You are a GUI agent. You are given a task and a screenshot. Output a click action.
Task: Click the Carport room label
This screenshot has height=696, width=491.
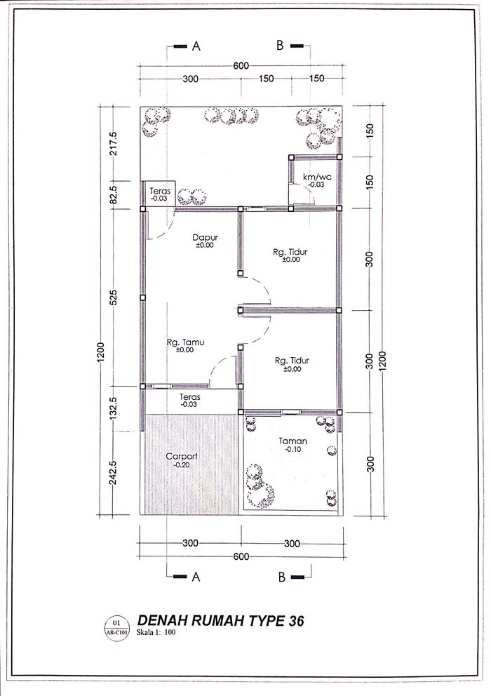click(182, 456)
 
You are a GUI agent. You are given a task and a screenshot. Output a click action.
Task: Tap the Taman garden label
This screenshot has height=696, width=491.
click(293, 441)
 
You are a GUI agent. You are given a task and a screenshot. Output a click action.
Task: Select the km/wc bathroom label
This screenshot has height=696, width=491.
click(317, 177)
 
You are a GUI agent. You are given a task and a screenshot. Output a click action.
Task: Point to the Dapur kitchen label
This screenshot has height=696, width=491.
click(205, 237)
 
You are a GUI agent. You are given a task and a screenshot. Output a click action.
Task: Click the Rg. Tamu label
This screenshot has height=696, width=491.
click(185, 342)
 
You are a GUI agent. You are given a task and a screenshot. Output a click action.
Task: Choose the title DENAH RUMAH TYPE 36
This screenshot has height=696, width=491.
click(221, 620)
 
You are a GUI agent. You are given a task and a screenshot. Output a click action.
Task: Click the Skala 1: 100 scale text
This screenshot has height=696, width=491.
click(156, 632)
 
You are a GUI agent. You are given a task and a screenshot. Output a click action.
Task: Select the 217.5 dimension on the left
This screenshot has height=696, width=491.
click(113, 143)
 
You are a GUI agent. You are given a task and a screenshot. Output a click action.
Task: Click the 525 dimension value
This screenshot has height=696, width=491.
click(113, 297)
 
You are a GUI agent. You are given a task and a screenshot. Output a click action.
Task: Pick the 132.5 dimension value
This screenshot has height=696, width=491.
click(113, 408)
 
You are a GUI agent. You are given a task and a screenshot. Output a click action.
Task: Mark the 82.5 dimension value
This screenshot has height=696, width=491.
click(113, 195)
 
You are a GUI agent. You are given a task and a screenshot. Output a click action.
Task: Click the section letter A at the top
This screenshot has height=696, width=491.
click(196, 46)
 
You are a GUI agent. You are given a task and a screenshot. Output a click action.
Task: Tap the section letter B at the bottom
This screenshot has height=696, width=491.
click(282, 577)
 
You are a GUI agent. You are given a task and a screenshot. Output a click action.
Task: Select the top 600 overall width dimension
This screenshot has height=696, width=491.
click(241, 66)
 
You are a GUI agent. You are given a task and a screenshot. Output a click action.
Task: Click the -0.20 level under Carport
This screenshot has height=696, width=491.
click(181, 464)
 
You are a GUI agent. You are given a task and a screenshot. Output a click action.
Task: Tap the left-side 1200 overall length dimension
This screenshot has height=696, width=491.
click(101, 352)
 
